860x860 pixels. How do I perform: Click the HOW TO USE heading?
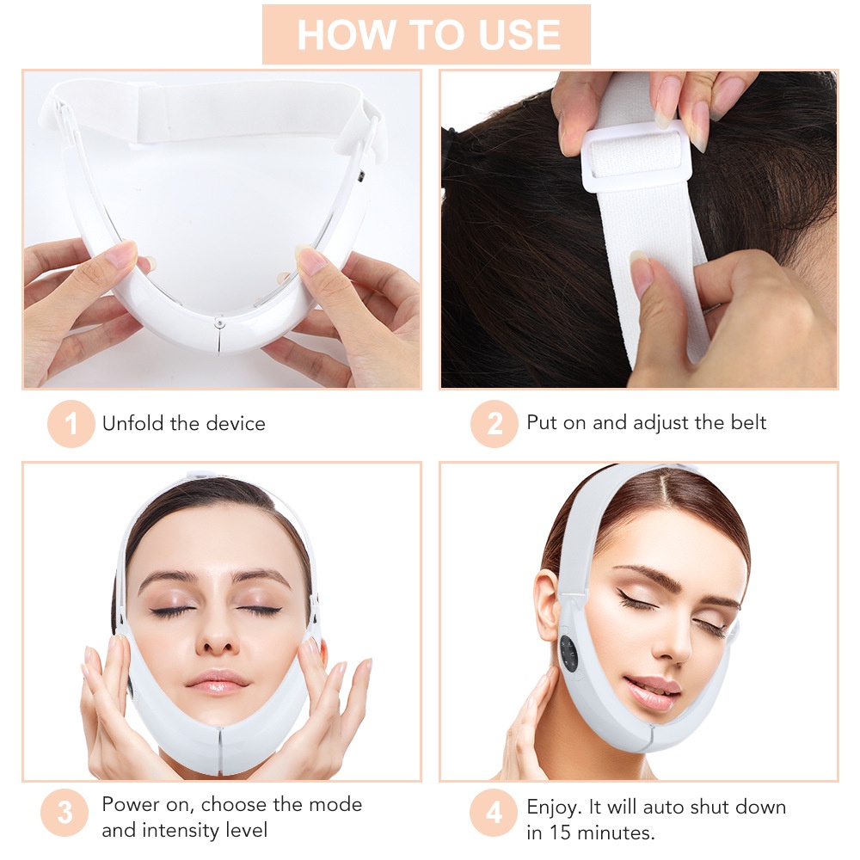tap(427, 34)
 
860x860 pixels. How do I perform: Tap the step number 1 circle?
tap(71, 424)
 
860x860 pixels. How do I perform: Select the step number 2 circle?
tap(494, 424)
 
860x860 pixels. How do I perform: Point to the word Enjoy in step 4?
tap(554, 807)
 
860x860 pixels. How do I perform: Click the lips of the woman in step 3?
tap(218, 681)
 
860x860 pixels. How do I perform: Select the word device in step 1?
tap(234, 423)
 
